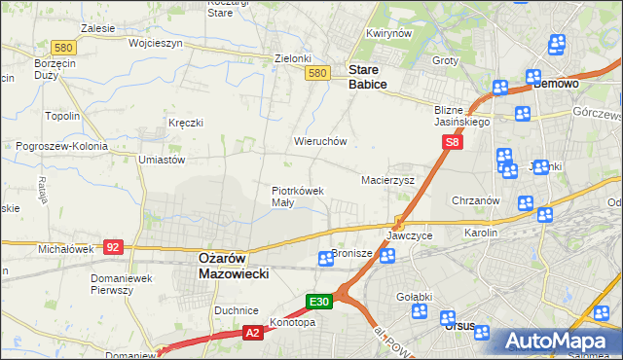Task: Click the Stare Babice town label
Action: pyautogui.click(x=368, y=77)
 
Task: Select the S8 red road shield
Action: pyautogui.click(x=452, y=143)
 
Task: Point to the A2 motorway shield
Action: pyautogui.click(x=252, y=333)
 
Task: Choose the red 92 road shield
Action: pyautogui.click(x=113, y=247)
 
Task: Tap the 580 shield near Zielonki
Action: pyautogui.click(x=316, y=73)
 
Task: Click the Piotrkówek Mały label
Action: pyautogui.click(x=297, y=197)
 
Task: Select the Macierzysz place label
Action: pyautogui.click(x=388, y=180)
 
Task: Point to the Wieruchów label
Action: pyautogui.click(x=320, y=141)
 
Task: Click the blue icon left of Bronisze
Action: pyautogui.click(x=326, y=259)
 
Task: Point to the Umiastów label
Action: pyautogui.click(x=162, y=159)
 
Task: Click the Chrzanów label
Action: pyautogui.click(x=476, y=200)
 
